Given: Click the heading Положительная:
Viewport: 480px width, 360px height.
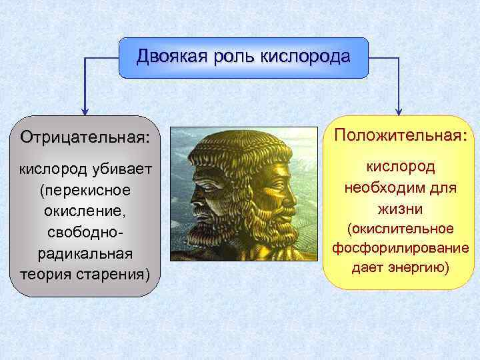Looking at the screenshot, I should (x=400, y=135).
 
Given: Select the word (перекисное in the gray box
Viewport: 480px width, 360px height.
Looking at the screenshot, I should (x=85, y=191).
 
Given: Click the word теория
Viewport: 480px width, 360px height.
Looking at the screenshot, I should (x=47, y=274).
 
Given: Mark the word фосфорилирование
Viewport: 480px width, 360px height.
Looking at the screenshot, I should (x=400, y=249).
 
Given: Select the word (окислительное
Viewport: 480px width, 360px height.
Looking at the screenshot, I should (x=400, y=229).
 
